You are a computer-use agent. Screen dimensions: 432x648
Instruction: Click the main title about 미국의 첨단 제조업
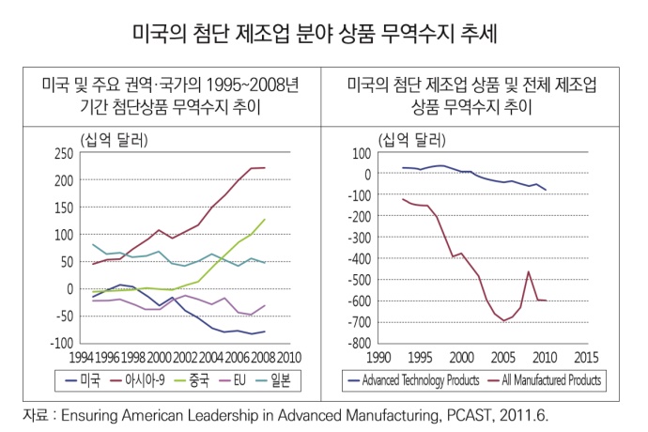click(x=324, y=35)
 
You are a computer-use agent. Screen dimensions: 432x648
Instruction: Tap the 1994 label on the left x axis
click(x=82, y=358)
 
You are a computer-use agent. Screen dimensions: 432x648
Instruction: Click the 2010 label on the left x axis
click(x=289, y=358)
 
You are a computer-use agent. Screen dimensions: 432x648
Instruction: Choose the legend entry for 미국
click(x=85, y=380)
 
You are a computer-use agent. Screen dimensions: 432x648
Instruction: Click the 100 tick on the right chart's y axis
click(x=363, y=153)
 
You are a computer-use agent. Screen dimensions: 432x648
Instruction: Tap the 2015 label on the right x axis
click(x=586, y=358)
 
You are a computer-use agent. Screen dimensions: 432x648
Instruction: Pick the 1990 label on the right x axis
click(x=379, y=358)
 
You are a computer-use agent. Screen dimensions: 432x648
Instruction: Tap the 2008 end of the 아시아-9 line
click(x=264, y=168)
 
